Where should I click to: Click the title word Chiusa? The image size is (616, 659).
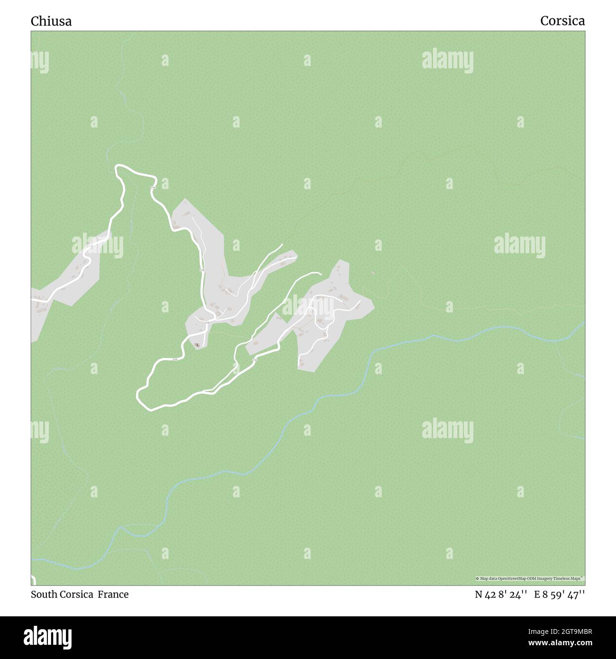51,21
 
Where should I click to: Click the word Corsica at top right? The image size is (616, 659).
562,21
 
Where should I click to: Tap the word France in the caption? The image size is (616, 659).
113,595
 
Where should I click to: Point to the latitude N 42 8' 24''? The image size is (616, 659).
501,595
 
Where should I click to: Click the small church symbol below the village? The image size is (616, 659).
197,345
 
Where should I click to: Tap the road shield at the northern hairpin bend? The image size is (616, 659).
153,188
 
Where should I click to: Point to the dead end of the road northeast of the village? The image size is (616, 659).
320,273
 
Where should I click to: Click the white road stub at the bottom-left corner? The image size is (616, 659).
33,579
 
